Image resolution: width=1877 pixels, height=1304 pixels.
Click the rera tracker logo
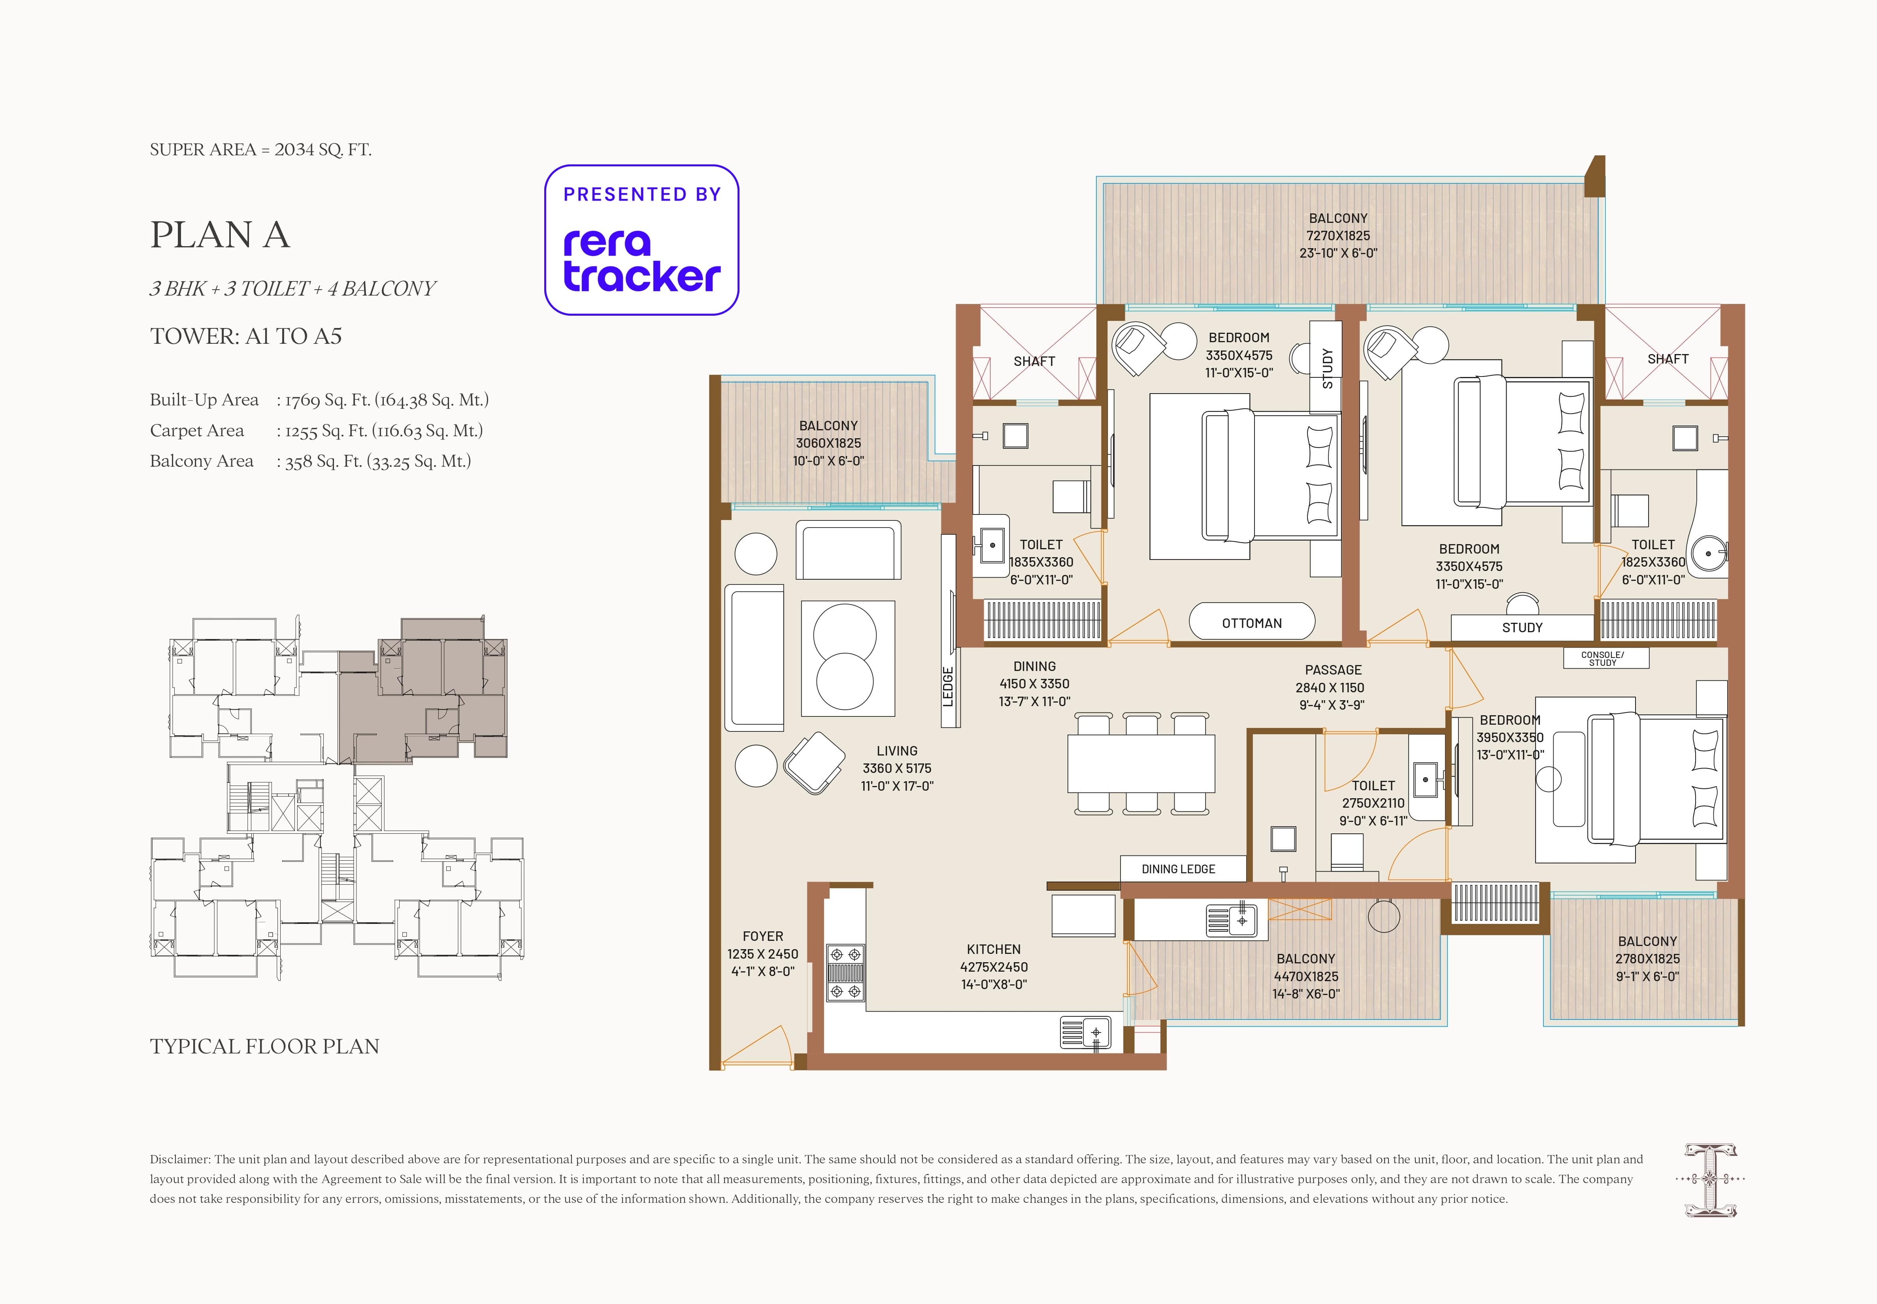coord(641,240)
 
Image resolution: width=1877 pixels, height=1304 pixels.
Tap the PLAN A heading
coord(220,235)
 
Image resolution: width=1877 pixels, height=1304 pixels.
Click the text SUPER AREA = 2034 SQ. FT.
coord(261,149)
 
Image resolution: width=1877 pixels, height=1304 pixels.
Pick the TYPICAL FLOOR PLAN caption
coord(265,1047)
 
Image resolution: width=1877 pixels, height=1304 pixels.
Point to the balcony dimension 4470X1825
coord(1306,976)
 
